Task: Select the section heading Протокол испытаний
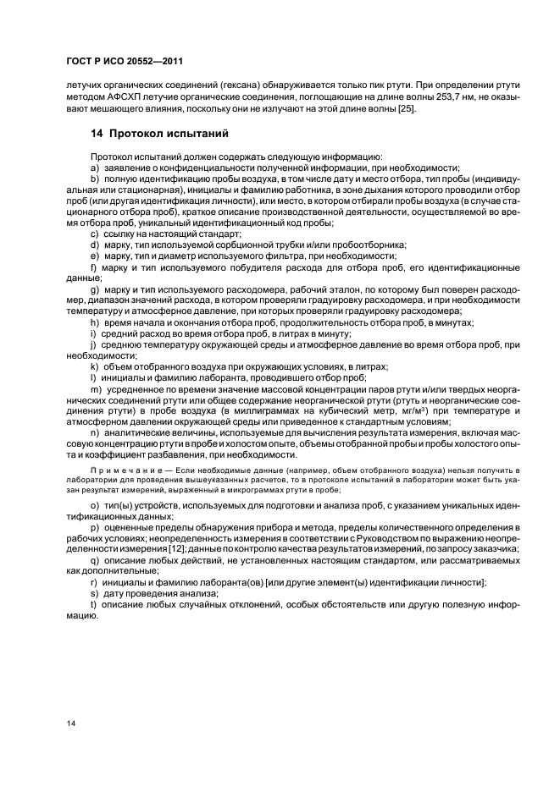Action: (161, 134)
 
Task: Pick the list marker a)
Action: (95, 168)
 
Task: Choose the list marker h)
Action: (95, 322)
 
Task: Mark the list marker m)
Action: (96, 388)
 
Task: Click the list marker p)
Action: (95, 526)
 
